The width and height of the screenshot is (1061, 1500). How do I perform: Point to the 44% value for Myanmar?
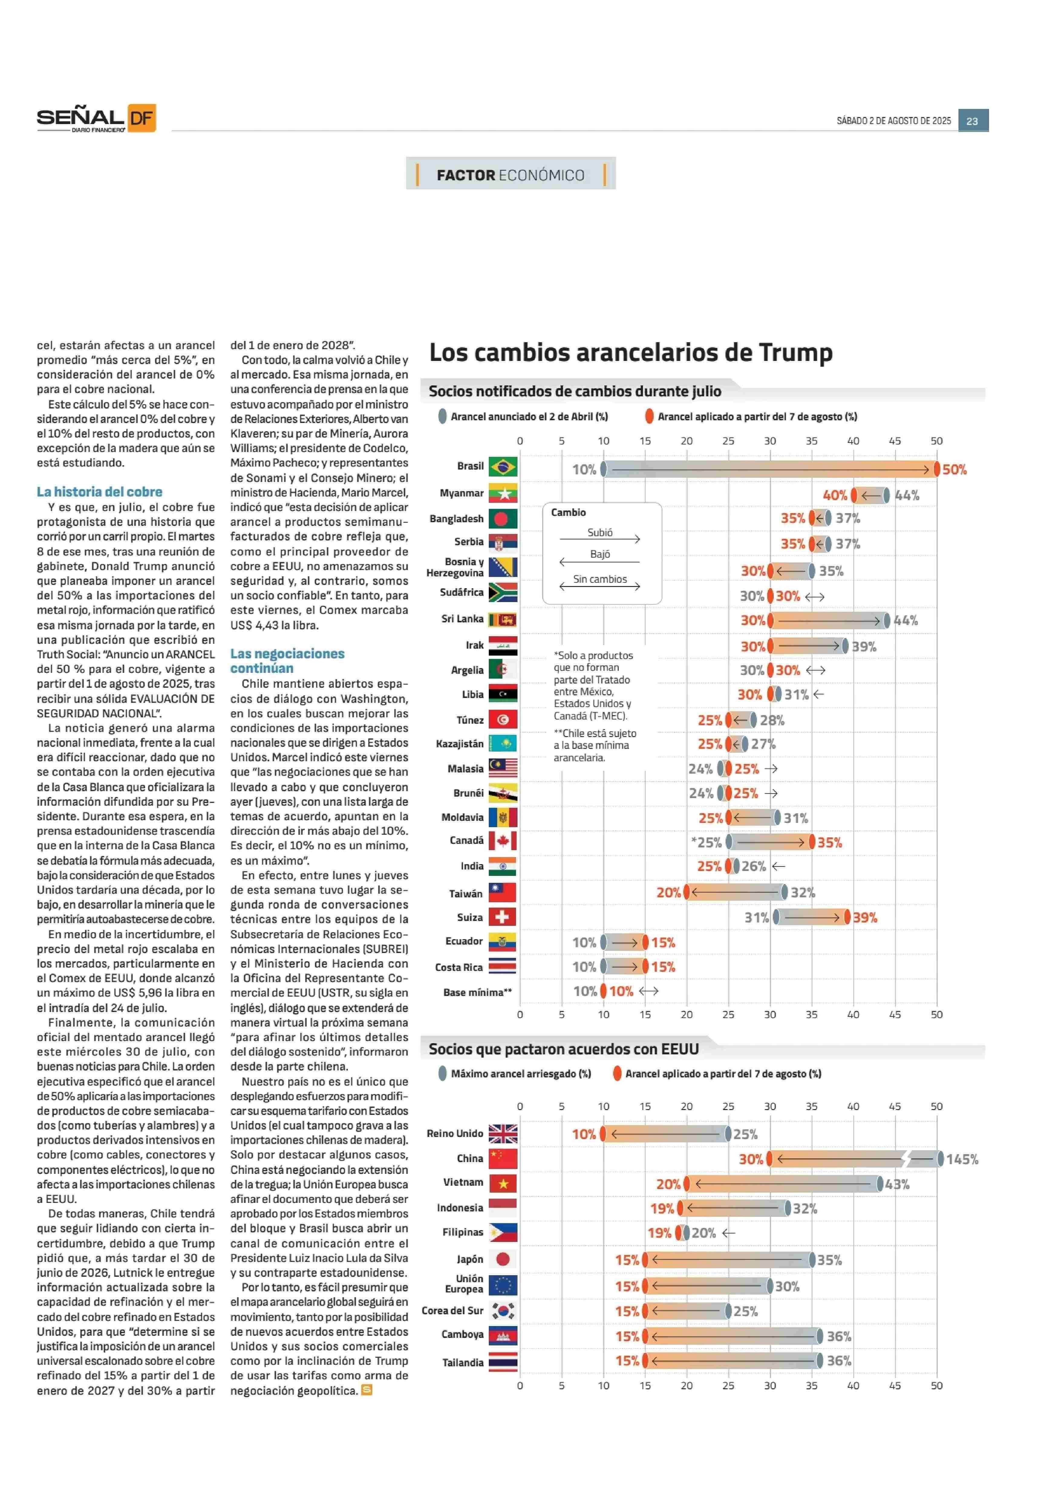tap(907, 496)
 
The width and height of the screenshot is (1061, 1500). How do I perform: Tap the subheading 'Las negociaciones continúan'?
tap(287, 661)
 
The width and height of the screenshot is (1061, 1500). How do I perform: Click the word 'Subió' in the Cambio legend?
tap(600, 533)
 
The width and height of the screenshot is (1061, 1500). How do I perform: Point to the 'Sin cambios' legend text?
tap(600, 579)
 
